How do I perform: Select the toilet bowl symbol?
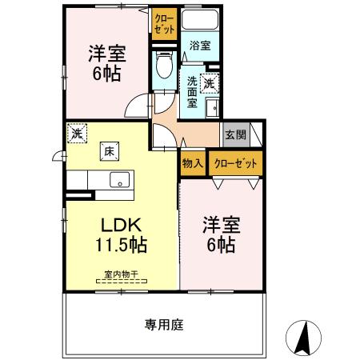coord(163,64)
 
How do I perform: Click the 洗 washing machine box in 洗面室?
coord(210,81)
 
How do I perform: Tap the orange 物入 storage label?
coord(192,162)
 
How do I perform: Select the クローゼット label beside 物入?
coord(236,162)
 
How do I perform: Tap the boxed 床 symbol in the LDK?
coord(107,150)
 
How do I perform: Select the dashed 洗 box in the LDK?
coord(77,133)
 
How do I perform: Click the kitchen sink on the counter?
coord(120,179)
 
